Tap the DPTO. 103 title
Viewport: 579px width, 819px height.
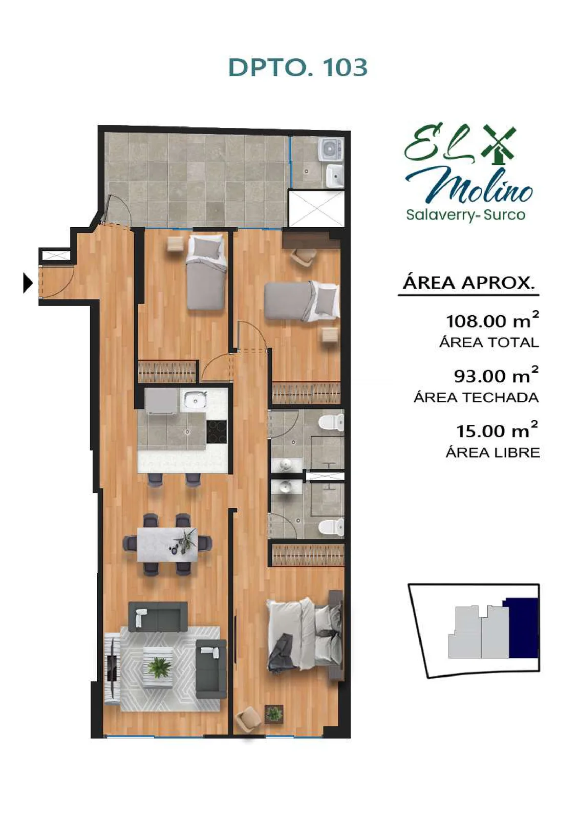(x=298, y=68)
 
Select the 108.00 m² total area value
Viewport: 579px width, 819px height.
(x=492, y=320)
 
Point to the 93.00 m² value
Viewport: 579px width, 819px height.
(x=496, y=376)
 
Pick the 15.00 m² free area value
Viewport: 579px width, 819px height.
(x=497, y=430)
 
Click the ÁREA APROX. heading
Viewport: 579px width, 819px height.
(x=468, y=283)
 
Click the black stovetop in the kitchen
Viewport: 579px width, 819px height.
(x=216, y=432)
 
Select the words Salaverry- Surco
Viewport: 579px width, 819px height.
(x=465, y=214)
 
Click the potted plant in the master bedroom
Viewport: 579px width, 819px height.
(x=274, y=712)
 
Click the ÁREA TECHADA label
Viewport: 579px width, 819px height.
(x=476, y=397)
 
